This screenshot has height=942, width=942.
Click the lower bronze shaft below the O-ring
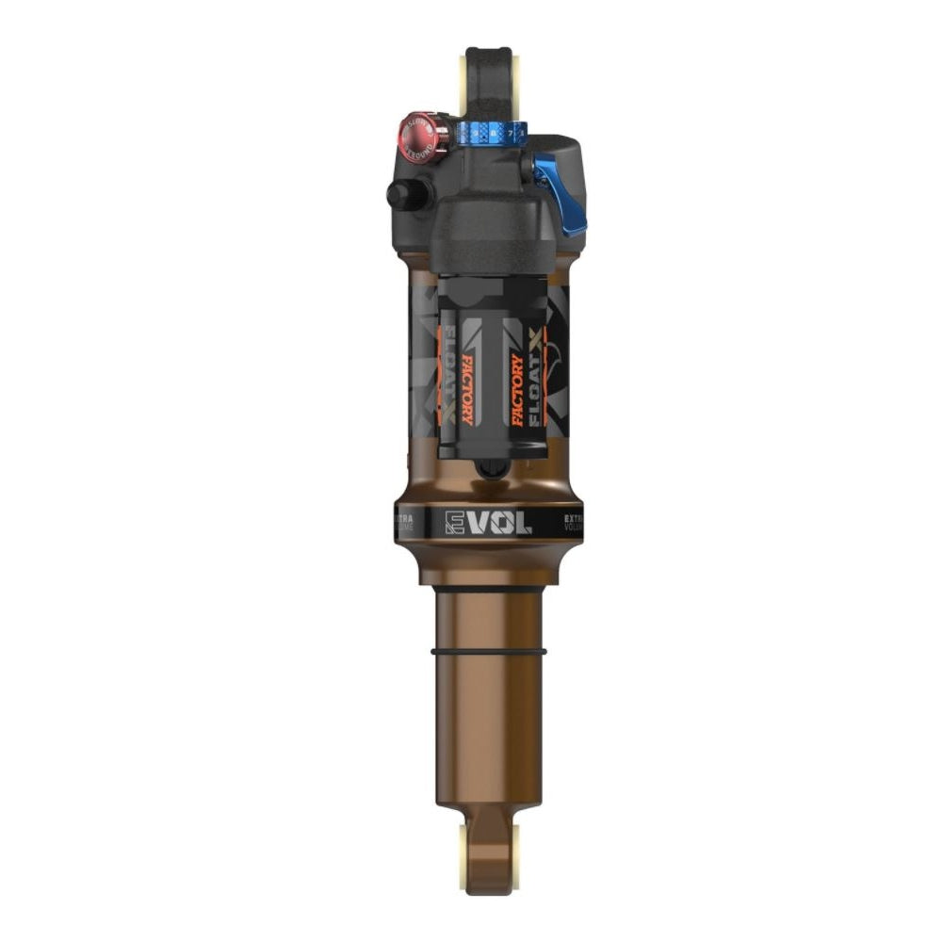[x=488, y=725]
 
